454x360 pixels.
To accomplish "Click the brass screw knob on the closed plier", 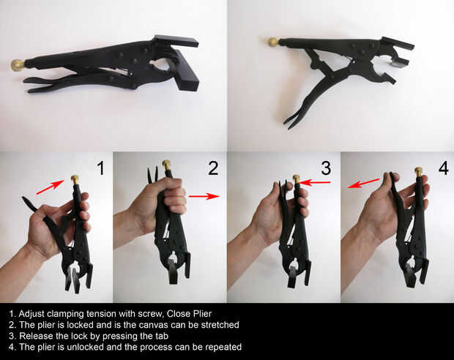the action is coord(18,65).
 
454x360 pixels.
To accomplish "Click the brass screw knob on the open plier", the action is coord(273,42).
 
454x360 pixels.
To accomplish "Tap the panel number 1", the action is coord(100,168).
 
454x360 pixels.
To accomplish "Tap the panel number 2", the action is coord(213,168).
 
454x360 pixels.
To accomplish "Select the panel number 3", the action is coord(326,168).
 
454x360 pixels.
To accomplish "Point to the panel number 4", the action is coord(443,168).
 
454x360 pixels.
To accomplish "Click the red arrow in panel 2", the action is coord(205,196).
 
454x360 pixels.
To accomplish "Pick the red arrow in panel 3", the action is coord(315,182).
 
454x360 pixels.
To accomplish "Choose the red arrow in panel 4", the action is coord(363,184).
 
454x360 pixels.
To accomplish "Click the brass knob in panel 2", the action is coord(166,165).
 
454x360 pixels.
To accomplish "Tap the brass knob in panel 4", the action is coord(418,172).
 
